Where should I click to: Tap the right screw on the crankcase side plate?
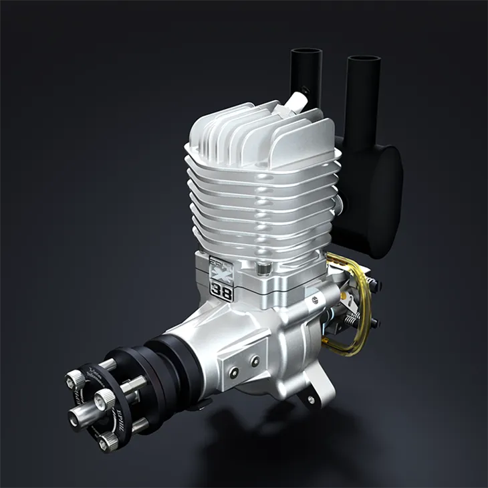[254, 362]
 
